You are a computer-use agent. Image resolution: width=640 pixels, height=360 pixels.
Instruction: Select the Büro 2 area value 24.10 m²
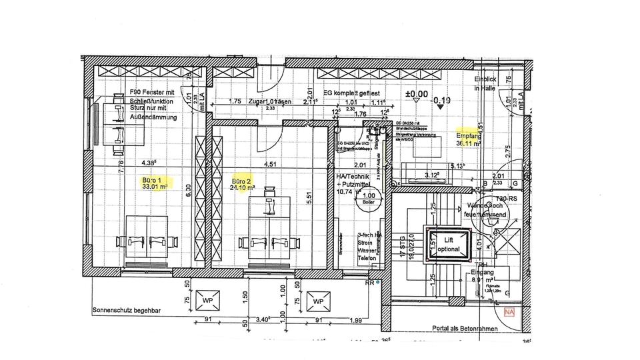coord(243,188)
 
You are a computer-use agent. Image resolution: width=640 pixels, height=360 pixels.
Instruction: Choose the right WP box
coord(318,301)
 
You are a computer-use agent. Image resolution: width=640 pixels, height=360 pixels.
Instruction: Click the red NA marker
coord(509,311)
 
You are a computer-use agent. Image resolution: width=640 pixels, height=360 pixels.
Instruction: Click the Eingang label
coord(481,273)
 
